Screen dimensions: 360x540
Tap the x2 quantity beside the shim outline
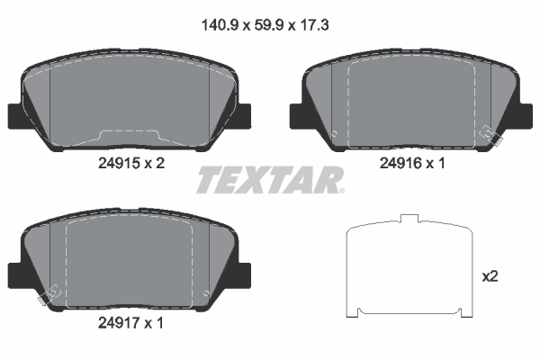point(490,276)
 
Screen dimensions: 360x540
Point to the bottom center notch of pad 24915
point(130,136)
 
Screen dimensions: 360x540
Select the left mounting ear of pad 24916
point(297,115)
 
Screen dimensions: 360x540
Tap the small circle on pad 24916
point(335,136)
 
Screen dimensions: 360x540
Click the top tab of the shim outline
point(409,219)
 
